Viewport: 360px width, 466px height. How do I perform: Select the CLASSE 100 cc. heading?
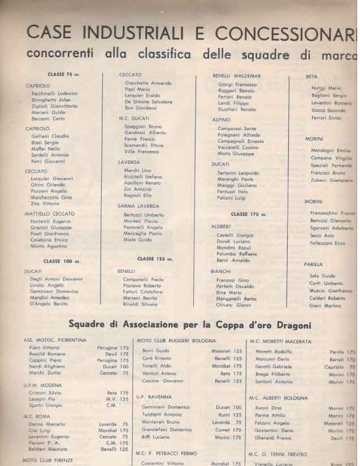(61, 261)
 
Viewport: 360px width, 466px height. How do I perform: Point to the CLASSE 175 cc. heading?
(249, 215)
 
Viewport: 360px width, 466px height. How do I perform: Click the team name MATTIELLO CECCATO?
(50, 214)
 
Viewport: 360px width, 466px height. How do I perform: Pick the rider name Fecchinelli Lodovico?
(55, 93)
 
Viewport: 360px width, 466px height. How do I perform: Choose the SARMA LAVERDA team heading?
(138, 206)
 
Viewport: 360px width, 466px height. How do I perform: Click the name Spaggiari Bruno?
(143, 127)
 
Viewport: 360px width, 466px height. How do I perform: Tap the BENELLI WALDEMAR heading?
(237, 76)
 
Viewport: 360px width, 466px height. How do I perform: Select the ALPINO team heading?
(221, 120)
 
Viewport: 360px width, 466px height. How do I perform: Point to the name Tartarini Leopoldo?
(238, 173)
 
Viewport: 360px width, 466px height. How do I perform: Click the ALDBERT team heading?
(222, 227)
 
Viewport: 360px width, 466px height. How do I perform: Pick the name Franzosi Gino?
(233, 280)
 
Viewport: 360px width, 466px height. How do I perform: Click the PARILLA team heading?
(314, 264)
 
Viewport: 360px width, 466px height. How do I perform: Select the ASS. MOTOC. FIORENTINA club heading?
(55, 340)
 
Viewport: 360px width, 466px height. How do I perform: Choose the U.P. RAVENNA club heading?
(154, 397)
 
